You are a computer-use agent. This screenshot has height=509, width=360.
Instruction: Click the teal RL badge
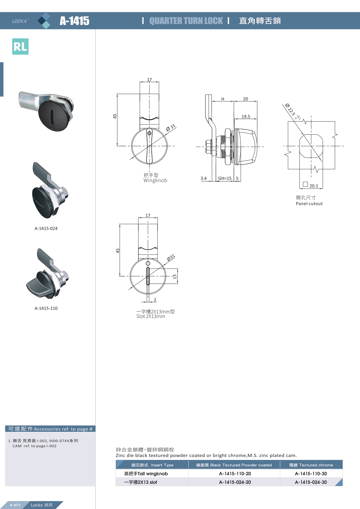pos(20,46)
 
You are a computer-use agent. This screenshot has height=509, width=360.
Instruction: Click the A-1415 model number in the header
pos(75,21)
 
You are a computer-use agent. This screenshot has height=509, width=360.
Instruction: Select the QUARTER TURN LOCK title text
pos(186,21)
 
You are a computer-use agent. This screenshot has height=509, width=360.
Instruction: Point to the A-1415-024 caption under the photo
pos(46,228)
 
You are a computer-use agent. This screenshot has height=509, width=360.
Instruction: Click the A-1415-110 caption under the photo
pos(46,308)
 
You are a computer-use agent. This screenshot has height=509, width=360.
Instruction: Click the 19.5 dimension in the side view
pos(246,116)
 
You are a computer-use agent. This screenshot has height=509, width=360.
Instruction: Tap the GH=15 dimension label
pos(225,178)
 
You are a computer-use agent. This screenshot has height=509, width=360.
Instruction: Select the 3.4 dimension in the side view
pos(204,178)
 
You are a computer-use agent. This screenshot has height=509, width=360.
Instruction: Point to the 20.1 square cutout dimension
pos(314,186)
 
